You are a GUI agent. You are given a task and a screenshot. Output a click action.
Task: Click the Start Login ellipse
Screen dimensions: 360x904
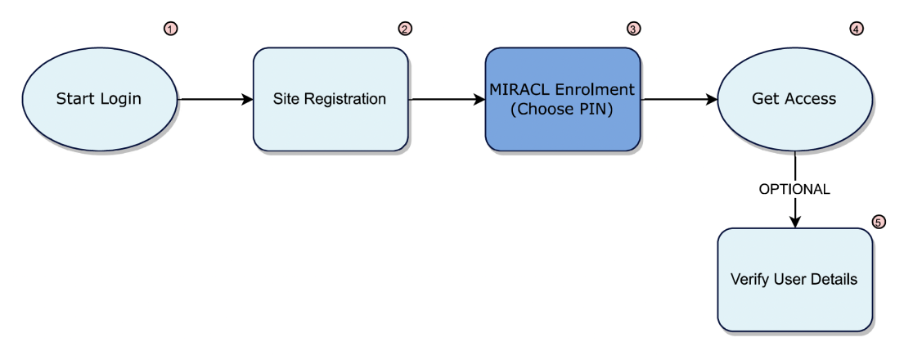click(x=99, y=99)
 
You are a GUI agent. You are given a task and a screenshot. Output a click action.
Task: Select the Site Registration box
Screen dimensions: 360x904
click(x=330, y=99)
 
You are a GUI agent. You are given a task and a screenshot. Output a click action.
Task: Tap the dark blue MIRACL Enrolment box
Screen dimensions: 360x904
click(x=563, y=99)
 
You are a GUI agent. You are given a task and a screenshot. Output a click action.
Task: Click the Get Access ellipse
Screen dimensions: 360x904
click(x=794, y=99)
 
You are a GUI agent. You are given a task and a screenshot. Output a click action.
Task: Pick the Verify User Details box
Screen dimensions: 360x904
click(x=794, y=279)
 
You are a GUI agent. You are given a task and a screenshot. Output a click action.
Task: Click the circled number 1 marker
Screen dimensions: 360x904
click(x=171, y=29)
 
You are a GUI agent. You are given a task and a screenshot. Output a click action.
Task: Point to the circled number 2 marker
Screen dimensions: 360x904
click(x=405, y=29)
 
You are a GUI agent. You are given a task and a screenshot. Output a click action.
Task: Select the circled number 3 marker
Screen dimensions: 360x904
click(x=633, y=29)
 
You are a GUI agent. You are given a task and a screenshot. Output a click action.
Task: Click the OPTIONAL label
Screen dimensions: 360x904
click(x=794, y=189)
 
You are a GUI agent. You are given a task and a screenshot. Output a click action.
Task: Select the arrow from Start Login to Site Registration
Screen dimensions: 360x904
click(x=215, y=100)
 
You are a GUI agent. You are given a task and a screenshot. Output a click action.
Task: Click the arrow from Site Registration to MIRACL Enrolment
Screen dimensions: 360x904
click(x=447, y=100)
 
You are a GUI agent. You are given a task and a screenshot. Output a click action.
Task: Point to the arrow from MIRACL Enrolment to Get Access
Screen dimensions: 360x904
click(x=679, y=100)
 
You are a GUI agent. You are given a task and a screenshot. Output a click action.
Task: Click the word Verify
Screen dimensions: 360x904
click(x=749, y=279)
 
